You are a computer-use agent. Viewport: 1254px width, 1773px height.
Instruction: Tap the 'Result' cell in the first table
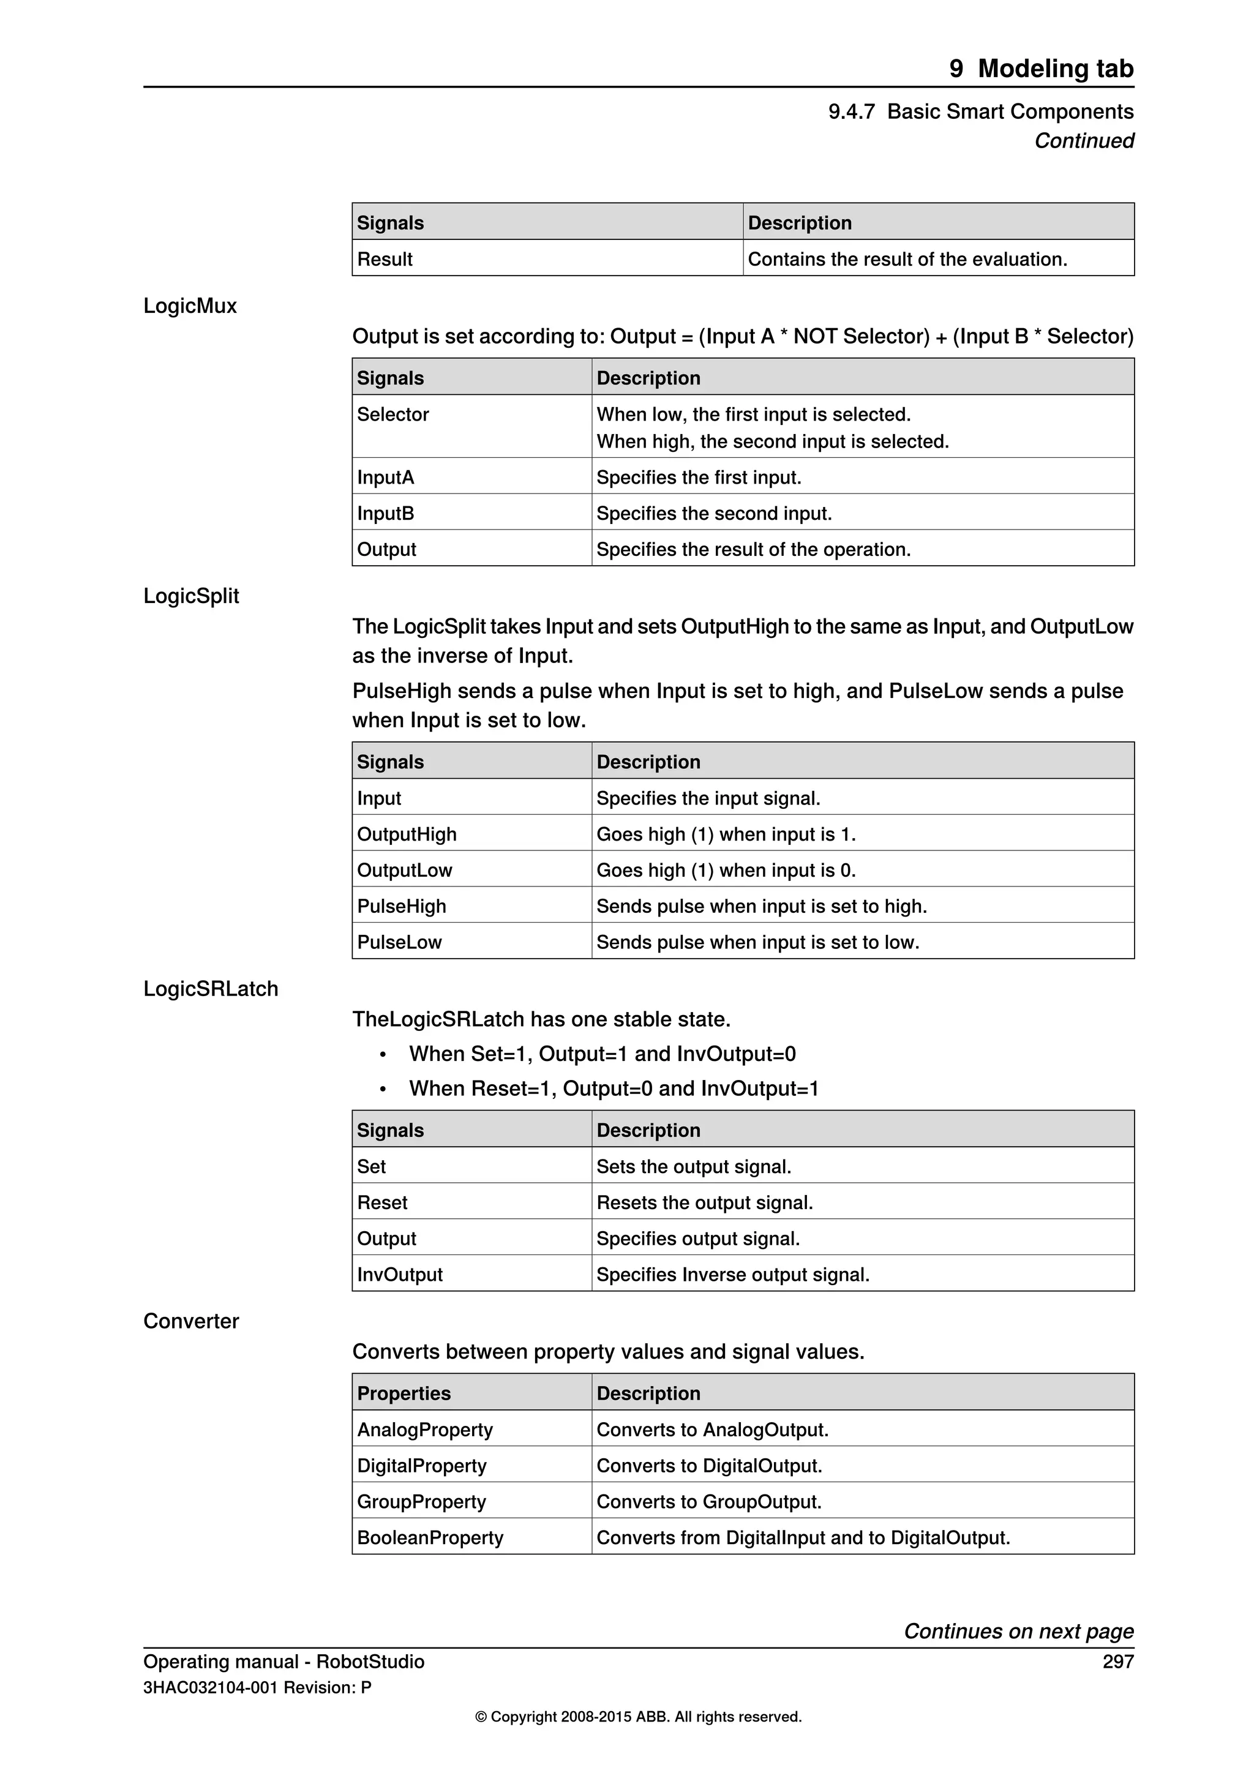tap(385, 259)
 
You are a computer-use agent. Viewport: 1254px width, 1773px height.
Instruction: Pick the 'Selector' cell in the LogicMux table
tap(392, 414)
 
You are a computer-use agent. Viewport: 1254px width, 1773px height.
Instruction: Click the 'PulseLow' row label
tap(399, 942)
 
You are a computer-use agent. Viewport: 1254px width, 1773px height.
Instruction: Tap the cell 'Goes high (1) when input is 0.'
tap(726, 871)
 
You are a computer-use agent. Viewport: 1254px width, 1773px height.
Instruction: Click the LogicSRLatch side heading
tap(210, 989)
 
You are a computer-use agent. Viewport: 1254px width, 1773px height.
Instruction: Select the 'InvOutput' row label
tap(399, 1274)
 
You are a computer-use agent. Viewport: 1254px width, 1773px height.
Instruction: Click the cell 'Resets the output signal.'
tap(704, 1202)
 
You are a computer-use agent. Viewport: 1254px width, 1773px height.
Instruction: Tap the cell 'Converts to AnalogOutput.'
tap(712, 1430)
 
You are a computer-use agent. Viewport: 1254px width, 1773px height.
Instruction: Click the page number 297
tap(1117, 1661)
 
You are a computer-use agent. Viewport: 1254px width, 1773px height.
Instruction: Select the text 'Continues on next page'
tap(1018, 1631)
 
